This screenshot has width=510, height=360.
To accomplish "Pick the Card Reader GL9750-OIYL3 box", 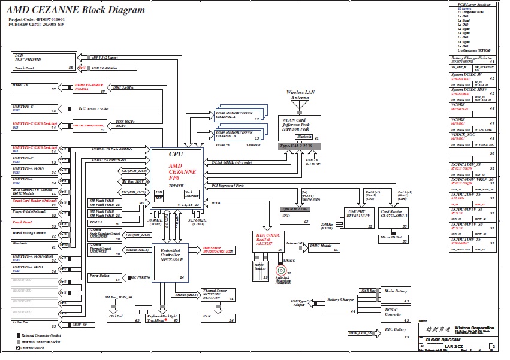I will tap(393, 216).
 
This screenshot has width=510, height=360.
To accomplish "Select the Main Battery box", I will tap(396, 295).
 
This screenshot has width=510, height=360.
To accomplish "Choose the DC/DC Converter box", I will tap(396, 313).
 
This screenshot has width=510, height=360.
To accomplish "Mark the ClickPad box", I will tap(123, 318).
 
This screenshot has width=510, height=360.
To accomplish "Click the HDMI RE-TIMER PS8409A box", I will tap(90, 88).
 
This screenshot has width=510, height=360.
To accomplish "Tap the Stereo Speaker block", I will tap(261, 267).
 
